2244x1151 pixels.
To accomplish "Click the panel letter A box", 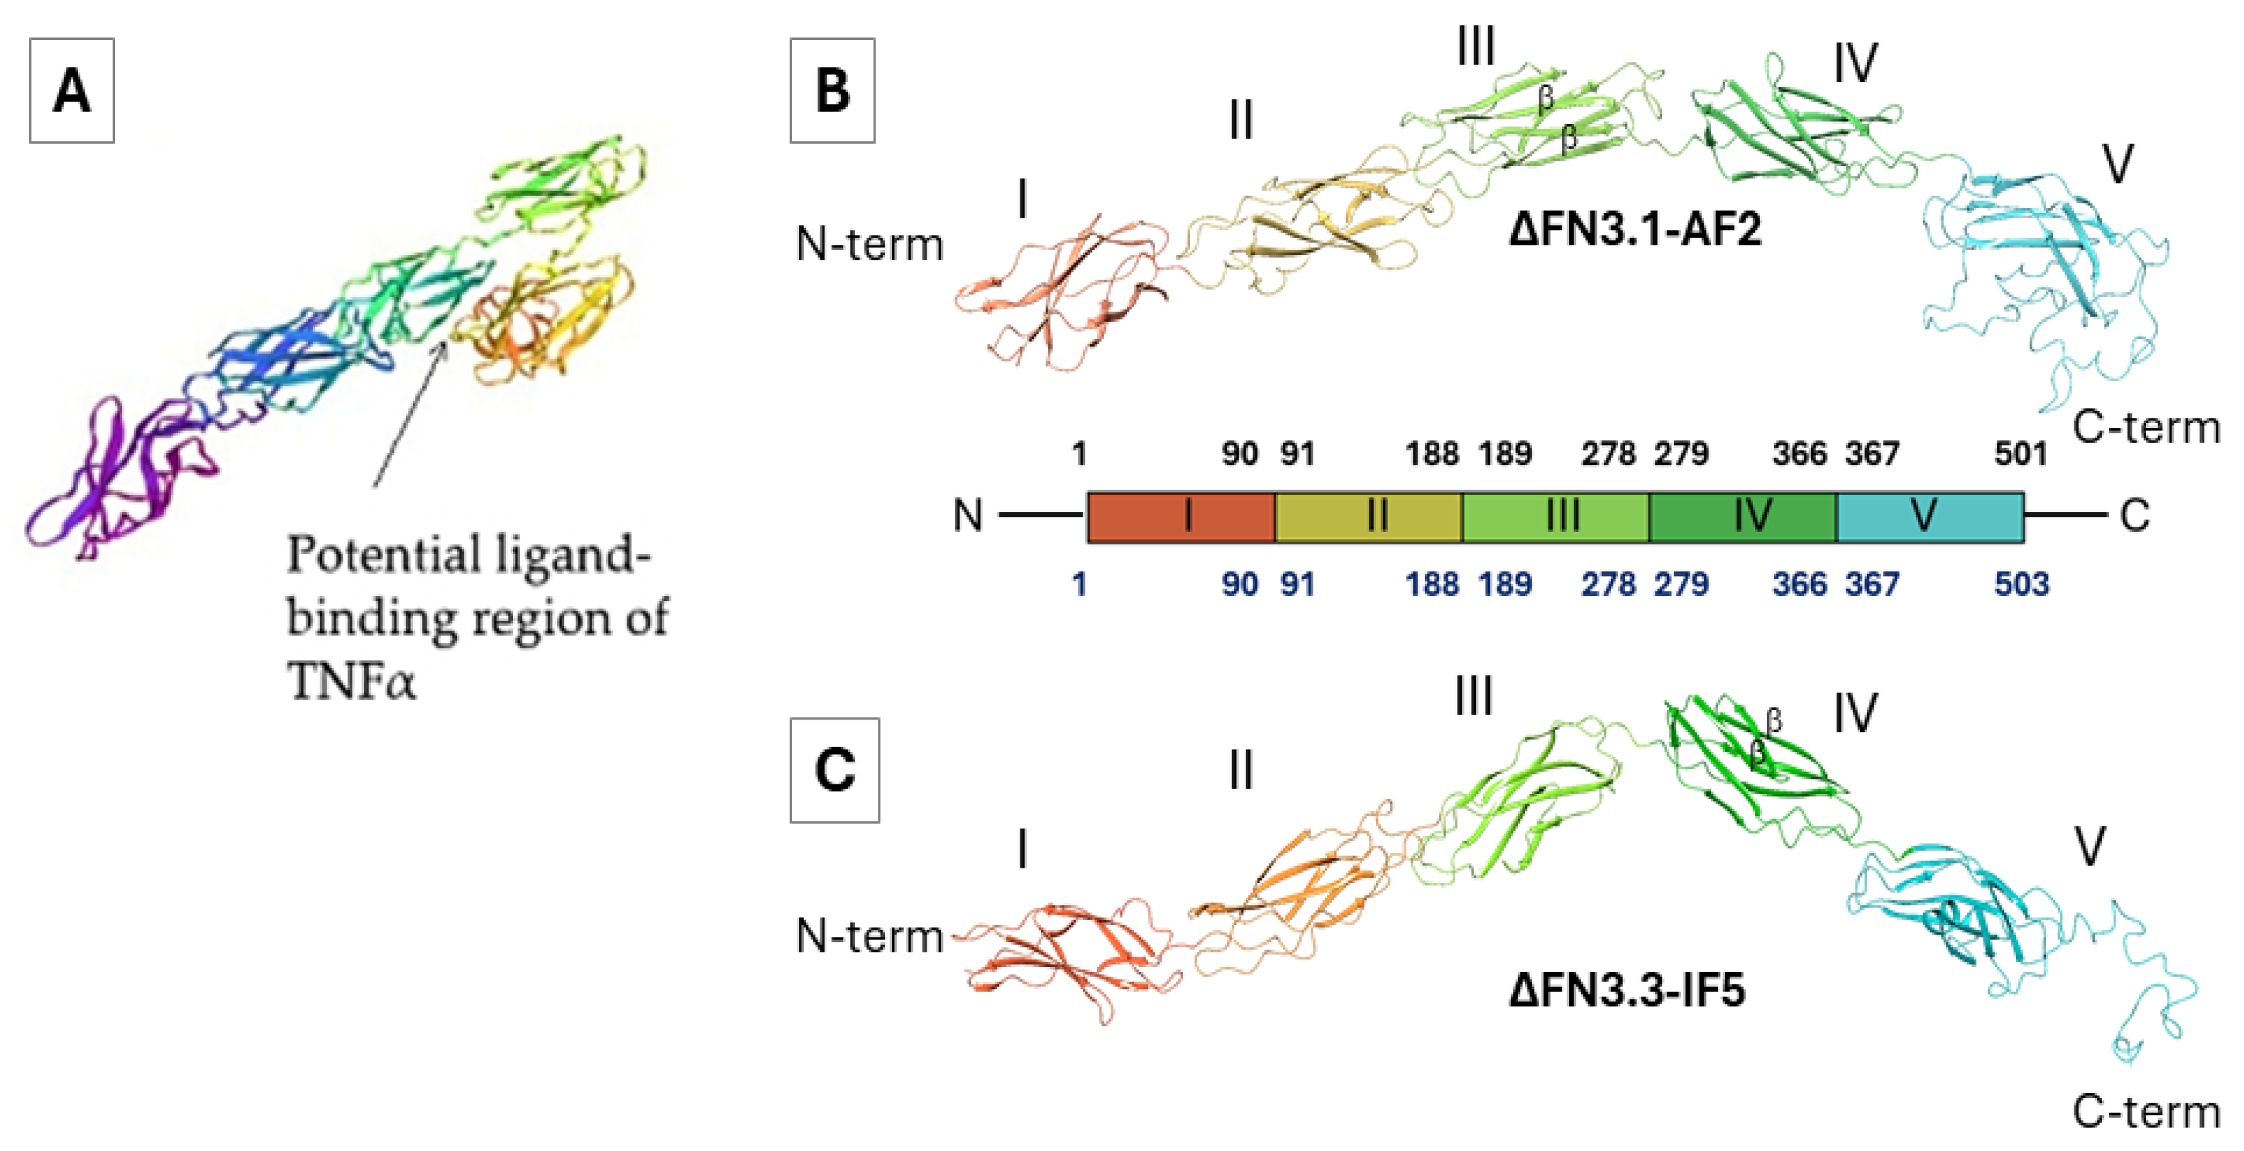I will tap(72, 90).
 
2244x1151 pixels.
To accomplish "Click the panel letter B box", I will tap(832, 90).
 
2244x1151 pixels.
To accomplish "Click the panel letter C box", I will tap(835, 770).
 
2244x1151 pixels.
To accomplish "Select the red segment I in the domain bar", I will tap(1181, 517).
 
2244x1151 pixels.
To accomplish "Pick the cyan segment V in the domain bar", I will tap(1930, 517).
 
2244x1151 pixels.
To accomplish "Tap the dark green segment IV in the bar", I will tap(1742, 517).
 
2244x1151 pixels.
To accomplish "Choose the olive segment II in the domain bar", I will tap(1368, 517).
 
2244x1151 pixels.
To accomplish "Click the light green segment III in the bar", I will tap(1556, 517).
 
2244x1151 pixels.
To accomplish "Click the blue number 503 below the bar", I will tap(2021, 583).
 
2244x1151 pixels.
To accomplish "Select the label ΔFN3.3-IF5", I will tap(1626, 991).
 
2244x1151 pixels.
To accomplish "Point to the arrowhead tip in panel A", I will tap(446, 341).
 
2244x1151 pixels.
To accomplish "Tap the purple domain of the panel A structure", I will tap(113, 474).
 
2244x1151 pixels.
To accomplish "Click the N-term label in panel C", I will tap(869, 937).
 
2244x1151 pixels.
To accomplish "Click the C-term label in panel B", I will tap(2145, 427).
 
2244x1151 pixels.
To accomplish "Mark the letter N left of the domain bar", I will tap(967, 516).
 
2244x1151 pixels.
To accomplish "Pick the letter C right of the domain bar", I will tap(2134, 516).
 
